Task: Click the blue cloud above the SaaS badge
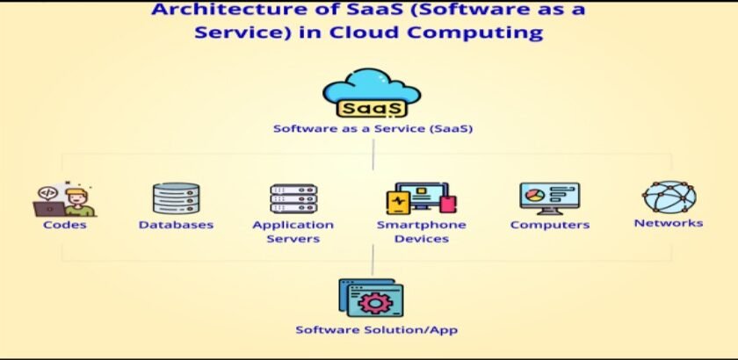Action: click(x=372, y=86)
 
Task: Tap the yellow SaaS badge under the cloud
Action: click(x=372, y=108)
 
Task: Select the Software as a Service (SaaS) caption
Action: click(x=373, y=128)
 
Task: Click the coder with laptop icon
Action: click(x=64, y=200)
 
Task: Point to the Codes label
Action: click(x=64, y=225)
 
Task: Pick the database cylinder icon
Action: click(x=176, y=198)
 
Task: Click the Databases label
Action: click(x=176, y=225)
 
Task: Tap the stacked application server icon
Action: click(x=293, y=198)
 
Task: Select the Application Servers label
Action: click(x=293, y=232)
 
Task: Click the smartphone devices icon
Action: click(x=421, y=198)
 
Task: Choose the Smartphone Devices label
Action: click(x=421, y=232)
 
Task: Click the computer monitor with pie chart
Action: click(x=550, y=198)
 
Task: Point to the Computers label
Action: click(x=550, y=225)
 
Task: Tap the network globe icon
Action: click(x=669, y=198)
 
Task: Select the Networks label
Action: click(x=669, y=223)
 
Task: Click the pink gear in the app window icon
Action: click(x=374, y=303)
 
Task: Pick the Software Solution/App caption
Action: click(x=377, y=330)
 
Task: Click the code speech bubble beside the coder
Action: click(x=48, y=193)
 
